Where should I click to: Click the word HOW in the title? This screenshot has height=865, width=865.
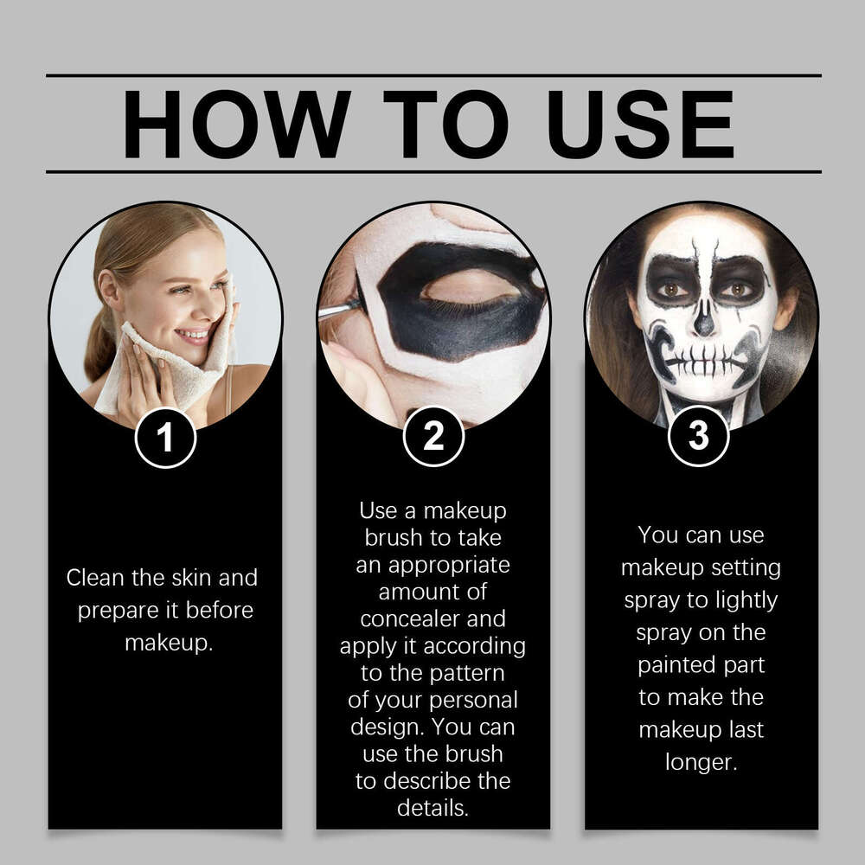pyautogui.click(x=235, y=124)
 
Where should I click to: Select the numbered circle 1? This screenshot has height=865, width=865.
pyautogui.click(x=165, y=438)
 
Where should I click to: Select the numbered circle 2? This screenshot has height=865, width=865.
pyautogui.click(x=433, y=438)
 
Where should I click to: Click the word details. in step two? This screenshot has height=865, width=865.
pyautogui.click(x=432, y=808)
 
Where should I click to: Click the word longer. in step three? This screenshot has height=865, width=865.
pyautogui.click(x=702, y=762)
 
